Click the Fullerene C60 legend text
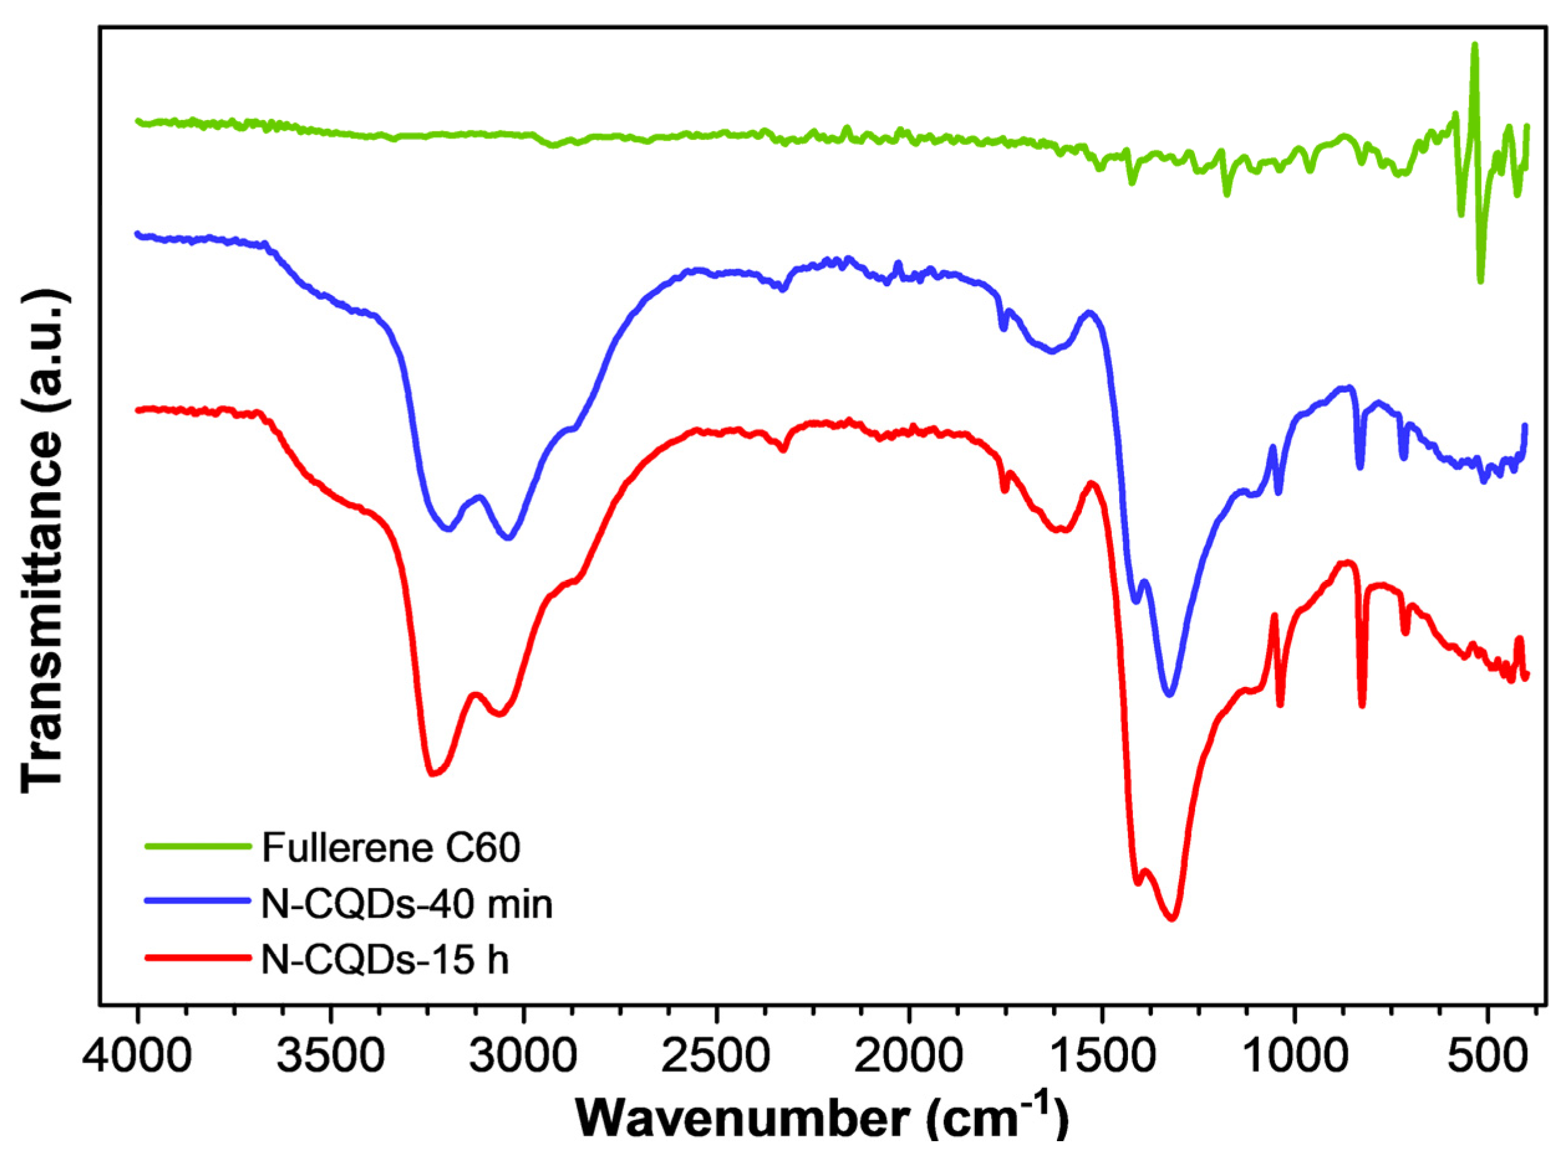pyautogui.click(x=391, y=848)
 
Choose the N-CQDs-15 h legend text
pyautogui.click(x=384, y=959)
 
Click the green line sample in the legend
pyautogui.click(x=197, y=847)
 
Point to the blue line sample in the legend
pyautogui.click(x=197, y=901)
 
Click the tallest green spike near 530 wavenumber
pyautogui.click(x=1474, y=64)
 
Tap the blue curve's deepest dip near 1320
pyautogui.click(x=1170, y=694)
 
